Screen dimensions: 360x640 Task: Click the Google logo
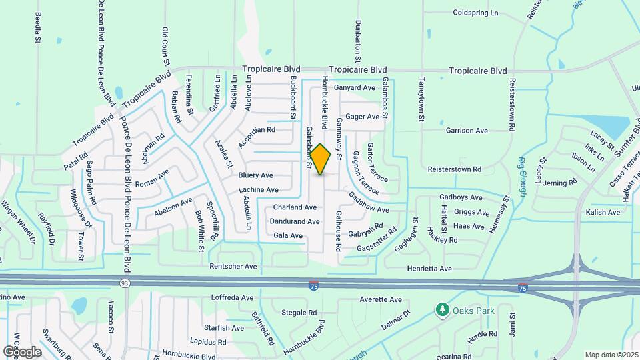pyautogui.click(x=22, y=351)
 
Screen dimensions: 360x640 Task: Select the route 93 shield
pyautogui.click(x=125, y=283)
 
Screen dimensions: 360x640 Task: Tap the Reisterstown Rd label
pyautogui.click(x=454, y=169)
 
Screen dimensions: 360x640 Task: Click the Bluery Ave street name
pyautogui.click(x=255, y=176)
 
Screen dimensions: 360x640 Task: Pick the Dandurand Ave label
pyautogui.click(x=294, y=221)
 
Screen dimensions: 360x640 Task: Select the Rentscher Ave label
pyautogui.click(x=233, y=267)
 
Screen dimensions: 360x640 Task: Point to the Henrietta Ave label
pyautogui.click(x=429, y=269)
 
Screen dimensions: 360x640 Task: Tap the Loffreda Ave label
pyautogui.click(x=232, y=297)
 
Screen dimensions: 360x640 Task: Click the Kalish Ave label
pyautogui.click(x=603, y=213)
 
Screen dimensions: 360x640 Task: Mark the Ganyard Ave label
pyautogui.click(x=355, y=88)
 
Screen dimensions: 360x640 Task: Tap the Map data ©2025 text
pyautogui.click(x=611, y=355)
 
